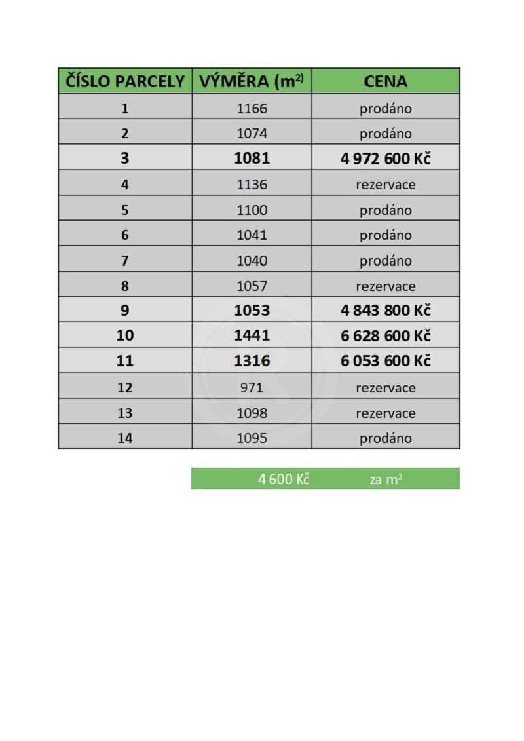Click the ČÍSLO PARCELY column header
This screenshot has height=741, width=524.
click(x=125, y=81)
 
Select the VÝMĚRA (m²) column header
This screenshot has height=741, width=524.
click(x=252, y=81)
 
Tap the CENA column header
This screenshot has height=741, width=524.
click(x=385, y=81)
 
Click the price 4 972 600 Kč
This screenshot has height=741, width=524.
click(x=385, y=159)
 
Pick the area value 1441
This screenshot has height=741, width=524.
click(x=252, y=335)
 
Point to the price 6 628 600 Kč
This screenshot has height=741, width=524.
click(x=385, y=335)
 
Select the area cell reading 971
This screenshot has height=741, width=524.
click(x=252, y=387)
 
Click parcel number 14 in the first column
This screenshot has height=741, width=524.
click(x=125, y=438)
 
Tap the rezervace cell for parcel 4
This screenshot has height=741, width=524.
click(x=385, y=185)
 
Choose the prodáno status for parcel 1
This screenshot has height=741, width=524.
click(x=385, y=109)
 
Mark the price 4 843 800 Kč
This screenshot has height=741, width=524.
click(x=385, y=310)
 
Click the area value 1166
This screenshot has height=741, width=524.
click(x=252, y=109)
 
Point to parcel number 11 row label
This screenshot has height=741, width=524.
click(x=125, y=361)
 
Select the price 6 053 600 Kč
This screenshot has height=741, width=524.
click(x=385, y=361)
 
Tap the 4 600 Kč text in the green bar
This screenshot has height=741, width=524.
click(x=283, y=479)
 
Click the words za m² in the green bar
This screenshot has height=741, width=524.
click(x=385, y=479)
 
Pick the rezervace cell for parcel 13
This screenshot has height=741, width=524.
click(x=385, y=413)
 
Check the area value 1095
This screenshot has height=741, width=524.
click(x=252, y=438)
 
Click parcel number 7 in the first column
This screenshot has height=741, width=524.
click(x=125, y=261)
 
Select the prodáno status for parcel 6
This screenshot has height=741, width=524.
click(x=385, y=235)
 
